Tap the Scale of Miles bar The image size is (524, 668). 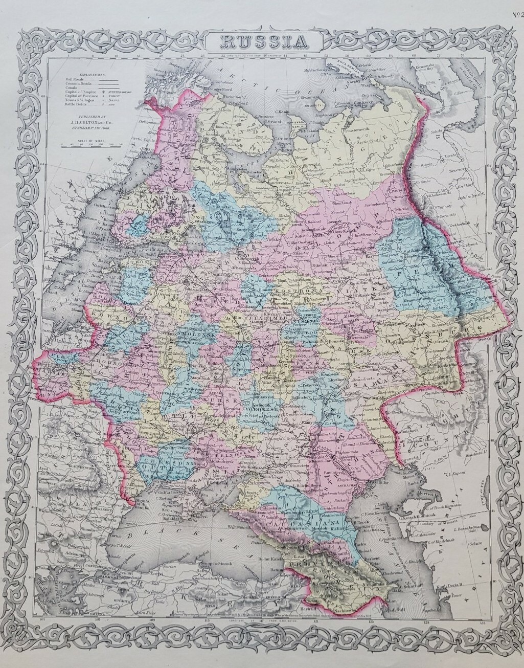tap(93, 146)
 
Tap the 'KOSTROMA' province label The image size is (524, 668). tap(293, 290)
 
